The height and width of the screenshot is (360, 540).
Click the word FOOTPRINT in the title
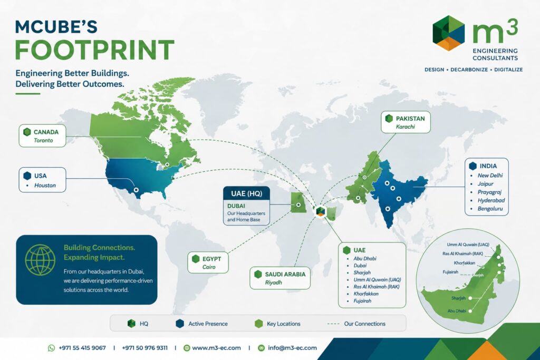click(95, 50)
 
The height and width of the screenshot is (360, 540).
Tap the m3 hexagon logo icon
click(448, 33)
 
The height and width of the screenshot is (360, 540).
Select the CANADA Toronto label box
click(42, 136)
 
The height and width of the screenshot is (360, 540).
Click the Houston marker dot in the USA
click(136, 190)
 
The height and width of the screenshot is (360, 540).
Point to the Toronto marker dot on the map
click(167, 164)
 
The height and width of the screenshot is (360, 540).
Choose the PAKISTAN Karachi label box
click(406, 122)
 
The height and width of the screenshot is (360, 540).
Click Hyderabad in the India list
click(491, 200)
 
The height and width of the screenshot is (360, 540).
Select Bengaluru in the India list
click(490, 209)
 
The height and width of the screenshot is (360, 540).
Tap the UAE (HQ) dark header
click(246, 193)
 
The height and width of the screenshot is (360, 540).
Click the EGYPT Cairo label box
click(208, 262)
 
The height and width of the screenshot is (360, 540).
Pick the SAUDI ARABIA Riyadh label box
click(280, 278)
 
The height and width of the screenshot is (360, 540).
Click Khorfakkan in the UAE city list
click(366, 294)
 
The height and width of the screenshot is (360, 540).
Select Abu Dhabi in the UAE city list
click(365, 258)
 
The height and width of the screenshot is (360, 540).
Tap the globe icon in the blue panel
click(40, 260)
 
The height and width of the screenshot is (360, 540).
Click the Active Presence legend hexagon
click(180, 324)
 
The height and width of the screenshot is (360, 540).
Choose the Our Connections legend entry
click(356, 324)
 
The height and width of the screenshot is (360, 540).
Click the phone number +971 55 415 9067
click(82, 348)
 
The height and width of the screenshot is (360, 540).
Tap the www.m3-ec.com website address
click(216, 348)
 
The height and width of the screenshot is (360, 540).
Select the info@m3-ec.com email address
click(292, 348)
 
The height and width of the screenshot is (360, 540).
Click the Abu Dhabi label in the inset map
click(457, 311)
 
